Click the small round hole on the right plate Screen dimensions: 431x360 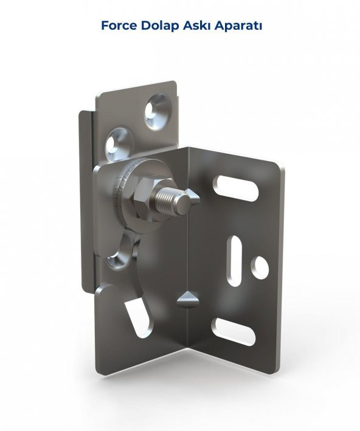(x=260, y=265)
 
